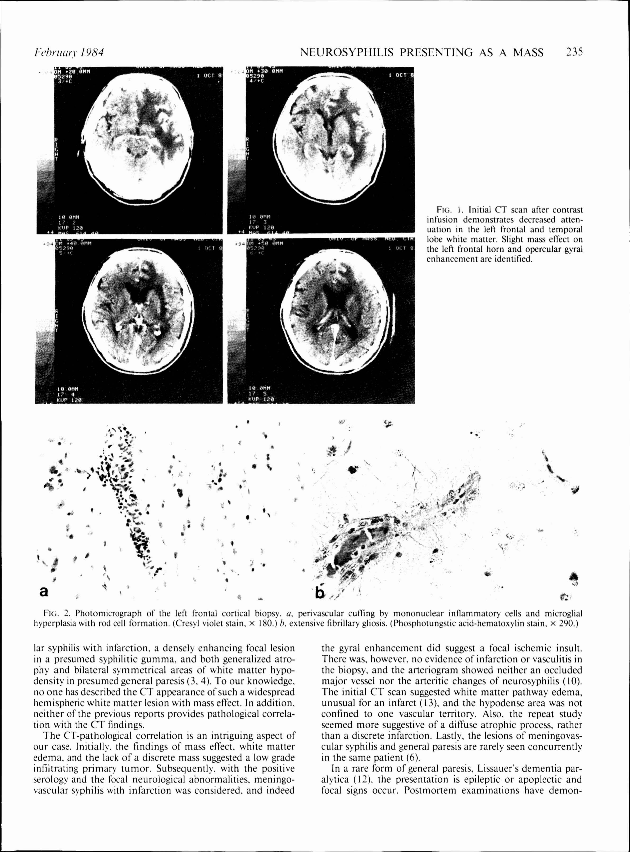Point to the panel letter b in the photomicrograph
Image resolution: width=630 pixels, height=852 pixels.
click(x=320, y=592)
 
